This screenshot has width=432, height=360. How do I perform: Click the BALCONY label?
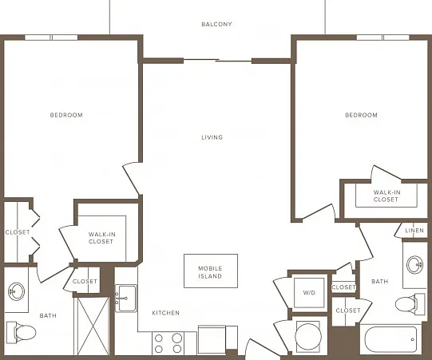(216, 24)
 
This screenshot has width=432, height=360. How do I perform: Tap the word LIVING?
(212, 137)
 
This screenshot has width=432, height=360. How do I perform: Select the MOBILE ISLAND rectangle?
(211, 271)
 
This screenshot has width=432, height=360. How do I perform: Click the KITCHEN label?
(165, 313)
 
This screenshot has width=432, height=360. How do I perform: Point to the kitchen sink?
(126, 299)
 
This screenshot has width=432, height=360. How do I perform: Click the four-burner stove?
(168, 343)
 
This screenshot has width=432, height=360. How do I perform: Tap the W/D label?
(309, 292)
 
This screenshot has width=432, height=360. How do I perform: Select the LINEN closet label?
(414, 230)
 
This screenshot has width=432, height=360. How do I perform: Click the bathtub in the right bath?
(390, 339)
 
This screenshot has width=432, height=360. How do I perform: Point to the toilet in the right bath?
(410, 304)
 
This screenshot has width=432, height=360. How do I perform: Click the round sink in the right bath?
(415, 265)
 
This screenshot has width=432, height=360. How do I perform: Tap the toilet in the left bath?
(22, 332)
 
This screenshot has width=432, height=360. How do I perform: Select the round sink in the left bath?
(16, 291)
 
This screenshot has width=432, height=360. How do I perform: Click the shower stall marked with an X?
(93, 326)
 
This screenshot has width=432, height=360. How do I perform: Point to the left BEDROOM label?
(66, 115)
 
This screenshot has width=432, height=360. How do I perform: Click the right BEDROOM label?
(361, 115)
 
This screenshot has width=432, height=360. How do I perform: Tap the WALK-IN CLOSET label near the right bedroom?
(386, 196)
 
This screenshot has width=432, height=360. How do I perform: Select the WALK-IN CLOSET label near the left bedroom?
(101, 238)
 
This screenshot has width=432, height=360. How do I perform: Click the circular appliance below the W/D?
(308, 336)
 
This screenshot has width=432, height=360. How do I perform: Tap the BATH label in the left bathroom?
(48, 315)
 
